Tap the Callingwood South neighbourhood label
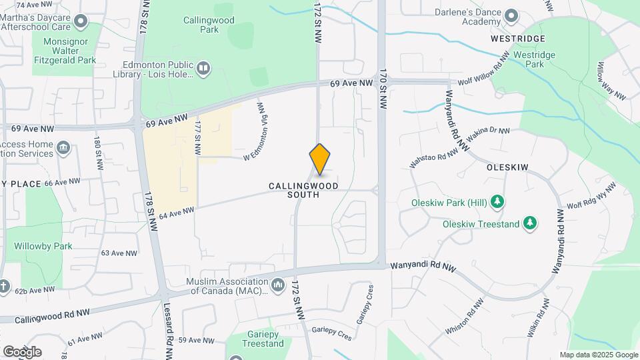pos(303,190)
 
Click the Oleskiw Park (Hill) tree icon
pos(497,201)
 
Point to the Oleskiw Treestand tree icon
pos(530,223)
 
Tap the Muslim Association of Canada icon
pos(278,285)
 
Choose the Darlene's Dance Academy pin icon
pos(511,15)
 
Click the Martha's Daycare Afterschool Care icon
pos(81,21)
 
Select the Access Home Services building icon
pos(63,147)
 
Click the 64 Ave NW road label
pos(177,212)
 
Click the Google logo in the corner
pos(22,351)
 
